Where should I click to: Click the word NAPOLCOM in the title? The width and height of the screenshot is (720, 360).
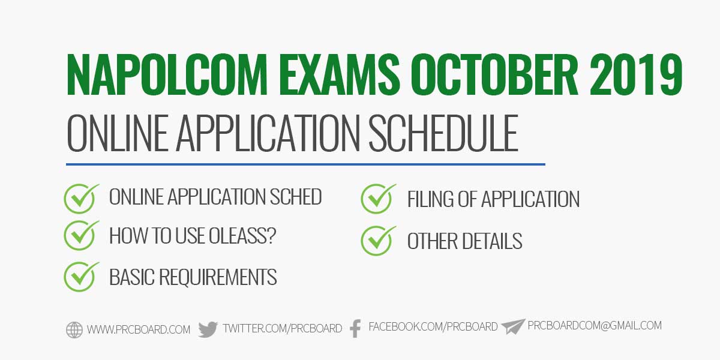pos(167,75)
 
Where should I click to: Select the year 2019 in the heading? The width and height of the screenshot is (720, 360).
pos(636,75)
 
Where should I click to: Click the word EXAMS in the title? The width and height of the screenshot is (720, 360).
pos(339,75)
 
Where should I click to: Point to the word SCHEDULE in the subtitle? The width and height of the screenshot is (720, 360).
pos(443,133)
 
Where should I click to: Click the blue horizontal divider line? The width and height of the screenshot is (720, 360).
pos(305,164)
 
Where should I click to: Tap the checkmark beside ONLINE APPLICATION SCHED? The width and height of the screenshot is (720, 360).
pos(81,199)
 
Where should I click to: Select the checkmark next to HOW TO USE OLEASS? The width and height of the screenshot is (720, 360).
pos(81,236)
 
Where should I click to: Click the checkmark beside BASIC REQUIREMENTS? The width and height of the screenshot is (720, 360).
pos(81,277)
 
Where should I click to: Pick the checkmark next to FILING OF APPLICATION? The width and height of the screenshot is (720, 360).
pos(378,199)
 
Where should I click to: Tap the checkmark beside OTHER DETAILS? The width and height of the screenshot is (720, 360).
pos(378,241)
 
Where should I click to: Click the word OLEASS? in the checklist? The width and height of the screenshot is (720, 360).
pos(242,236)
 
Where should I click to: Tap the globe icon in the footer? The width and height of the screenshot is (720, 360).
pos(74,330)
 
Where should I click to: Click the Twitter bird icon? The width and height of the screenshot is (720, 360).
pos(208,329)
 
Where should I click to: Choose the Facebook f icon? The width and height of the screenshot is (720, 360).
pos(355,329)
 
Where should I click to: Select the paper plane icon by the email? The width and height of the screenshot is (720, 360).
pos(513,326)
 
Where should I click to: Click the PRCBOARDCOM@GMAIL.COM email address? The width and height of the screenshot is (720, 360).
pos(595,325)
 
